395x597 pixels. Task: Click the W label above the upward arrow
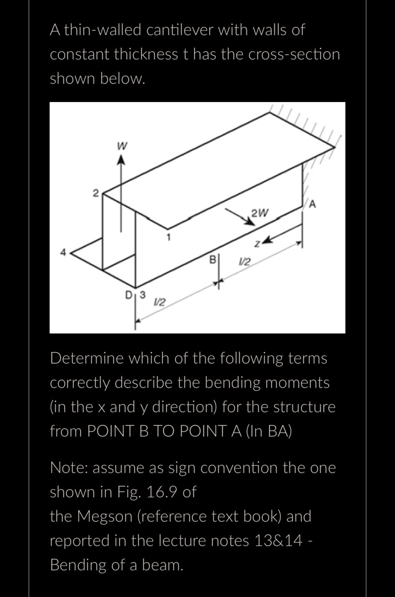(x=122, y=146)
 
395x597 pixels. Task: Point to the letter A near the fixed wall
(x=312, y=204)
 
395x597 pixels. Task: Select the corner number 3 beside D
(x=142, y=293)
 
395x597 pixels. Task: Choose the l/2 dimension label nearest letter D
(x=158, y=302)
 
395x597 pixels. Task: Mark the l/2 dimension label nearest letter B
(x=245, y=262)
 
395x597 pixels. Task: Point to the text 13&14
(x=279, y=541)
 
